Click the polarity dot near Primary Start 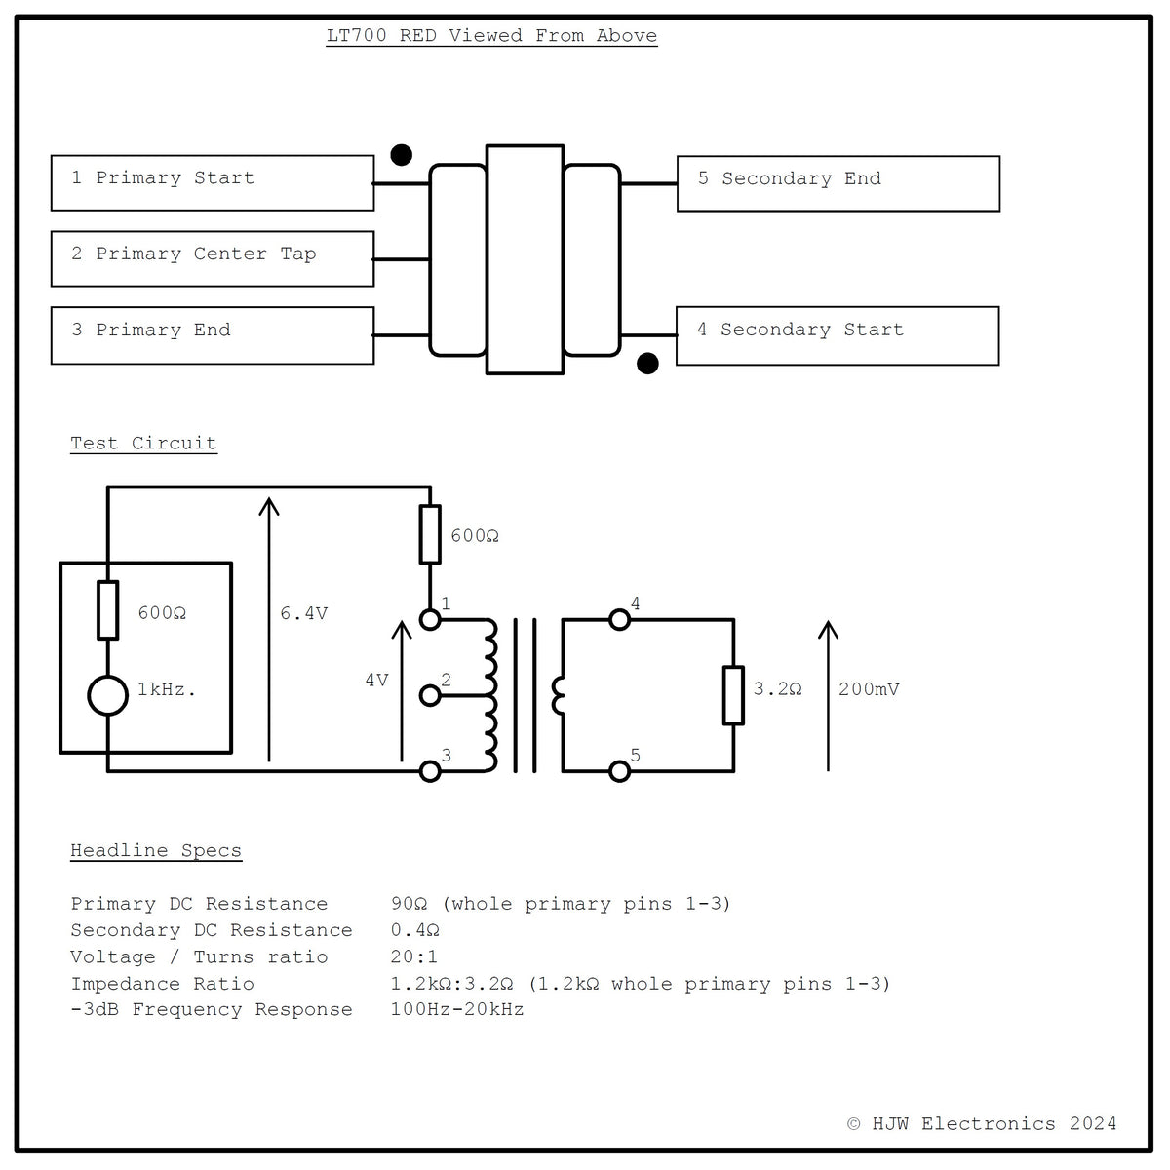click(x=402, y=155)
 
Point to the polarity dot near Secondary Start click(x=647, y=364)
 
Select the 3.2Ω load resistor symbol click(x=733, y=695)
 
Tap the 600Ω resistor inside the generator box click(x=108, y=610)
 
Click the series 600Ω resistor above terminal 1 click(x=431, y=534)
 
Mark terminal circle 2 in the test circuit click(x=431, y=696)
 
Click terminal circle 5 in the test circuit click(x=619, y=771)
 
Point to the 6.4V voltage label click(x=303, y=613)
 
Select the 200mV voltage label click(x=869, y=689)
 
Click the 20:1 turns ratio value click(x=414, y=956)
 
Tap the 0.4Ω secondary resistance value click(x=414, y=930)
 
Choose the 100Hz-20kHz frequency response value click(x=457, y=1009)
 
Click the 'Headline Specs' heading click(x=156, y=850)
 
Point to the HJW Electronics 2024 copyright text click(x=982, y=1124)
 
